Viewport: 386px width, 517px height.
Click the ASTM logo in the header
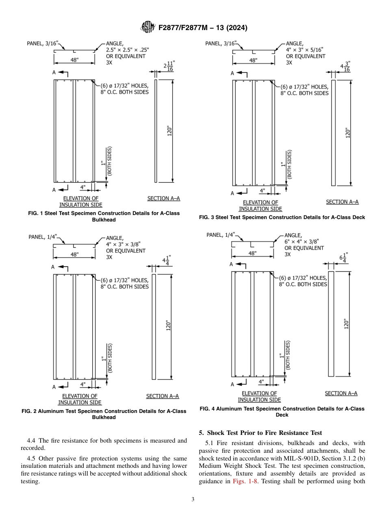pos(147,27)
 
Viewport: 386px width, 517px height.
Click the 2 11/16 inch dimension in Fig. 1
pos(169,67)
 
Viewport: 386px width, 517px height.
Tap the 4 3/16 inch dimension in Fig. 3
pos(345,67)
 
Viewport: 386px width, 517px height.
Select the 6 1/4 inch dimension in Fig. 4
pos(343,258)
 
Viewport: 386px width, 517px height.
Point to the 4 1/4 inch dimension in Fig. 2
pos(167,260)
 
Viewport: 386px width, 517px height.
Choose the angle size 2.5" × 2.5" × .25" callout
pos(128,49)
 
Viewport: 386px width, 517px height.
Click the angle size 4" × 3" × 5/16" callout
pos(305,50)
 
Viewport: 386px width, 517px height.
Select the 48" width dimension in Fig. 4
pos(253,253)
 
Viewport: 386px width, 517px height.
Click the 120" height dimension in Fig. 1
pos(169,131)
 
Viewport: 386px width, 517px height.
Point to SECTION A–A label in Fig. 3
pos(342,202)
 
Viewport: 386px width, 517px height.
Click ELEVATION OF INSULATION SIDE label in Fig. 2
pos(80,399)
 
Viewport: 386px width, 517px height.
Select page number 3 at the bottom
pos(193,500)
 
